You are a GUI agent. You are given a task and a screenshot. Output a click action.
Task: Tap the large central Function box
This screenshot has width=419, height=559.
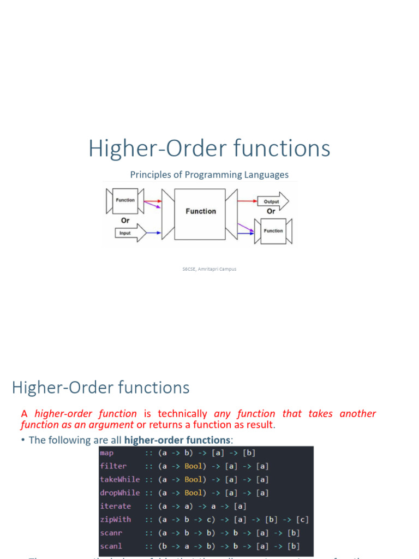point(201,211)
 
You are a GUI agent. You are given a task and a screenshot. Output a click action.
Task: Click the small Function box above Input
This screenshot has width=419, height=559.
point(125,200)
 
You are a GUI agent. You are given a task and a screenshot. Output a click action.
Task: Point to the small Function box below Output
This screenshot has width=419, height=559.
point(273,230)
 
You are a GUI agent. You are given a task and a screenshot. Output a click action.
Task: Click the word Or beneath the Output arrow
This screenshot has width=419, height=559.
point(271,211)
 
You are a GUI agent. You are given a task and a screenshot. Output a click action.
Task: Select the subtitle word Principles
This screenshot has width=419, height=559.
point(148,175)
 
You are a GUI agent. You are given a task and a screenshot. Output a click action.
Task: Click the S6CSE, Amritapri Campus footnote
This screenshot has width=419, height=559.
point(209,269)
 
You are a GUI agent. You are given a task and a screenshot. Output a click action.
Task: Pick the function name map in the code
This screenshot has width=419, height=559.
point(106,453)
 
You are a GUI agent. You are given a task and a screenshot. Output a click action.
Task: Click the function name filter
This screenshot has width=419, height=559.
point(113,466)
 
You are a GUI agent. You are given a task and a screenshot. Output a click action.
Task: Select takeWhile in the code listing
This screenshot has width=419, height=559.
point(119,479)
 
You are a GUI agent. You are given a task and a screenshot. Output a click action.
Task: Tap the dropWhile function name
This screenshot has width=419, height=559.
point(119,493)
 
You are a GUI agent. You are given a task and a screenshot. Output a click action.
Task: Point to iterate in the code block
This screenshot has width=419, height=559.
point(115,506)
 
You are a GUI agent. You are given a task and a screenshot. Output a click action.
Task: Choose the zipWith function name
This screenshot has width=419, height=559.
point(115,520)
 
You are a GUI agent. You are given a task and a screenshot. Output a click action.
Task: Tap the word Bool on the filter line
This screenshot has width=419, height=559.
point(193,466)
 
